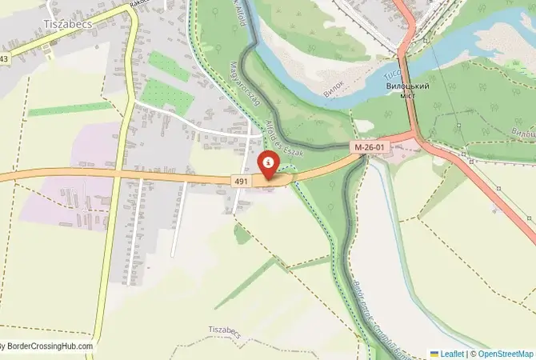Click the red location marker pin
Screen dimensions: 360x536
click(x=267, y=164)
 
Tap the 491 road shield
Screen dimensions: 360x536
click(x=241, y=182)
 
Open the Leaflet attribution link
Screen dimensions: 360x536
click(x=453, y=353)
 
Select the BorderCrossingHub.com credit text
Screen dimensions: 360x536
click(x=48, y=346)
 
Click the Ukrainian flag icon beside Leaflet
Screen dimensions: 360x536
click(x=434, y=353)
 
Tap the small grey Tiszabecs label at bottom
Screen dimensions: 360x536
click(x=225, y=330)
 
